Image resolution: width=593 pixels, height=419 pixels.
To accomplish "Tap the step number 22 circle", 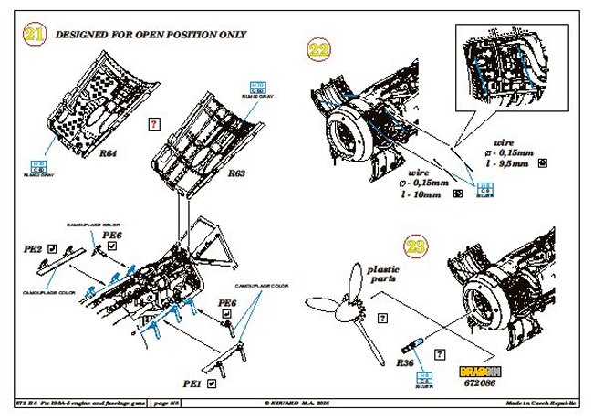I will click(x=319, y=49).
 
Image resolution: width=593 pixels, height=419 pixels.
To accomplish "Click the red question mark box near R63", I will click(x=153, y=121).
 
